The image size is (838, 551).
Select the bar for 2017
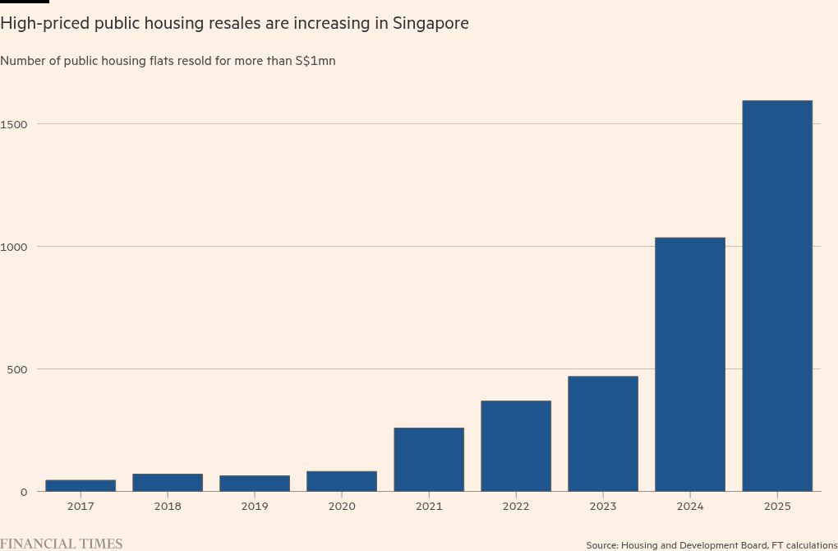[x=81, y=485]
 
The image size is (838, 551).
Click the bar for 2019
[x=255, y=484]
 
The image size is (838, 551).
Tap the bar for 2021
[x=429, y=460]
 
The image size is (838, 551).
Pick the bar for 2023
[x=603, y=433]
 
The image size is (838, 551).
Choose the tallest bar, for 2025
[x=777, y=296]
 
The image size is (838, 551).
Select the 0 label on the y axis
[x=25, y=492]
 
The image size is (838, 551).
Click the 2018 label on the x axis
[x=168, y=507]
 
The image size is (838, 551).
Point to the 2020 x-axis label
[x=342, y=507]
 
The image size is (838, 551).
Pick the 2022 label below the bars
[x=516, y=507]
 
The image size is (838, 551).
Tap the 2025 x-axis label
[x=777, y=507]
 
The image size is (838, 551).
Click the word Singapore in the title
[x=431, y=24]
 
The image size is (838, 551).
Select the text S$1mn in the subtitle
[x=315, y=61]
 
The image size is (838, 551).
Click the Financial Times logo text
[x=62, y=544]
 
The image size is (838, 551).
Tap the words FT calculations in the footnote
[x=796, y=545]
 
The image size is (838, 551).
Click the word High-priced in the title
[x=44, y=24]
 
